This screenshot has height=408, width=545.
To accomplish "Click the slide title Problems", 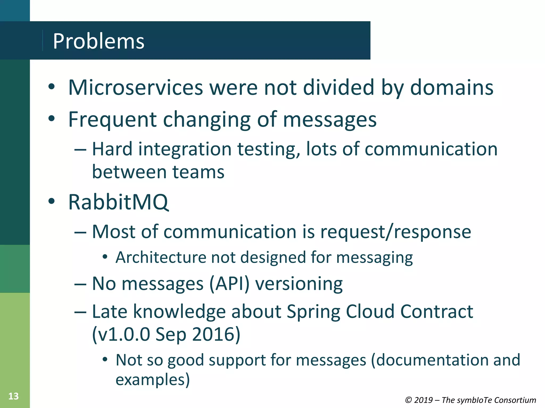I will coord(98,41).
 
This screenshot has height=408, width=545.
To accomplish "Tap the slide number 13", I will coord(13,396).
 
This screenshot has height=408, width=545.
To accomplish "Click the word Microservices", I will coord(135,88).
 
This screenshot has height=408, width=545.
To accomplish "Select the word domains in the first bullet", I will coord(452,88).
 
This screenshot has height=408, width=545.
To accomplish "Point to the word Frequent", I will coord(112,120).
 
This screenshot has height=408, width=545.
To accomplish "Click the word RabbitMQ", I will coord(118,202).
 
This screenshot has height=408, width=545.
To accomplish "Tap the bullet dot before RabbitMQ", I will coord(51,201).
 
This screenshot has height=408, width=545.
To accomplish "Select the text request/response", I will coord(395,232).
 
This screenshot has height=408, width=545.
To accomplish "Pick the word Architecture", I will coord(161,258).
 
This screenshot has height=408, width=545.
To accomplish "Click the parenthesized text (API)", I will coord(229,284).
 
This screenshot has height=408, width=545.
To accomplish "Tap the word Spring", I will coord(313,312).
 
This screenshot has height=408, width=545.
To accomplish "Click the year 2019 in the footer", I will coord(423,400).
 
